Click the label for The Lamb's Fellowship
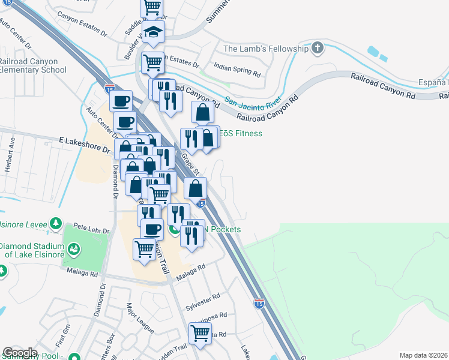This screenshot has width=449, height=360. click(x=265, y=49)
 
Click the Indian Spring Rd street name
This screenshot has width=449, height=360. click(x=238, y=71)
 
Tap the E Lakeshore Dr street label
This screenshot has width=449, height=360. click(x=85, y=145)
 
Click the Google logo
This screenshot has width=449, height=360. click(x=20, y=353)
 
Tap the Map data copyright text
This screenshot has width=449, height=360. click(x=423, y=355)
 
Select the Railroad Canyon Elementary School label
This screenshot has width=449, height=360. click(x=33, y=65)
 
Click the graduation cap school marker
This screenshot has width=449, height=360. click(x=153, y=32)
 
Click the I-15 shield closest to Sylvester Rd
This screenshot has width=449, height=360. click(x=259, y=304)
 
